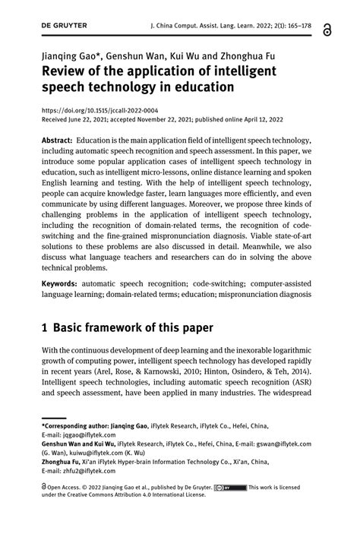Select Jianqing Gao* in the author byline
(68, 56)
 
